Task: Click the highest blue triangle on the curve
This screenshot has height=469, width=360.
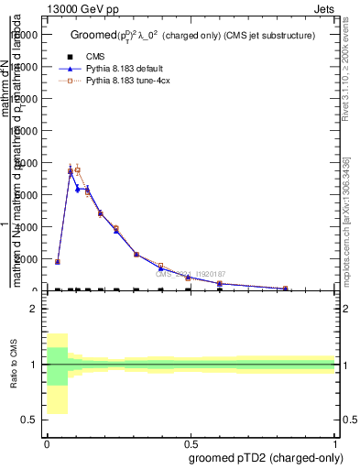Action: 71,171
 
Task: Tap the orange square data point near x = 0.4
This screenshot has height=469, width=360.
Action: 160,266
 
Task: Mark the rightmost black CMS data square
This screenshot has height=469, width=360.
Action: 285,289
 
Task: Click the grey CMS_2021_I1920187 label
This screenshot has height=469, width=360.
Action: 190,274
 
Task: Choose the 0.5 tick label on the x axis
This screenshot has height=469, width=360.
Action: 191,442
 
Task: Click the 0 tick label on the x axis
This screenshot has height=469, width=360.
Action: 47,442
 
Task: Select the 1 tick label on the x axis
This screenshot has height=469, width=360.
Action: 335,442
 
